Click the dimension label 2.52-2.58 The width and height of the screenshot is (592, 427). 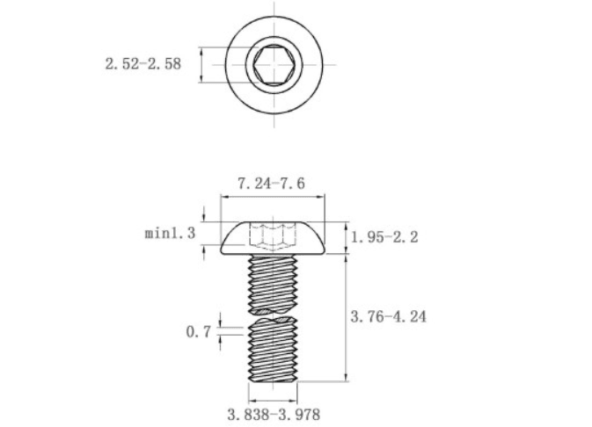[x=143, y=64]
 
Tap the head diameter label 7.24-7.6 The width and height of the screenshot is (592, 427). [x=271, y=184]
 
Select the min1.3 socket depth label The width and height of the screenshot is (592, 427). [x=171, y=233]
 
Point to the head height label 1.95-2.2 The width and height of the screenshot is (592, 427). [x=384, y=237]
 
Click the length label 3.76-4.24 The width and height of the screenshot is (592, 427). [x=389, y=316]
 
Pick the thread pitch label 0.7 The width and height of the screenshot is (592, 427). [x=198, y=332]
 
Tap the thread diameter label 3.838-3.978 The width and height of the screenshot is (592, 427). [x=274, y=415]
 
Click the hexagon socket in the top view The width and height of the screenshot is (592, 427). [x=274, y=64]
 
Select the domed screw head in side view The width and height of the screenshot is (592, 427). [x=273, y=237]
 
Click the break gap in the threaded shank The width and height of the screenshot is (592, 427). [x=273, y=315]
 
